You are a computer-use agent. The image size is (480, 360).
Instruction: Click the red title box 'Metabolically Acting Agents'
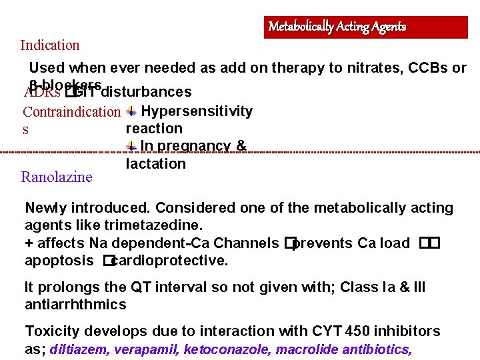click(365, 27)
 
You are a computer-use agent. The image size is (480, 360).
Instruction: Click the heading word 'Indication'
click(50, 45)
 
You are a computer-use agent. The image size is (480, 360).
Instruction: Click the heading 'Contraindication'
click(71, 111)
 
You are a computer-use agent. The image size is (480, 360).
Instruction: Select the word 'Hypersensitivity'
click(197, 111)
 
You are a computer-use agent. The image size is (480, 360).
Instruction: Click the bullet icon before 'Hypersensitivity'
click(132, 111)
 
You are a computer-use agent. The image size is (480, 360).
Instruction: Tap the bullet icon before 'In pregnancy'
click(132, 146)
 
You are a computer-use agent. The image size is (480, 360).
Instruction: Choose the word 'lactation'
click(156, 163)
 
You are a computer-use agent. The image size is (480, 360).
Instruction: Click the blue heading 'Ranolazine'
click(57, 177)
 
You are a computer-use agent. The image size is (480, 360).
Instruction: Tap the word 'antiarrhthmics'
click(75, 305)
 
